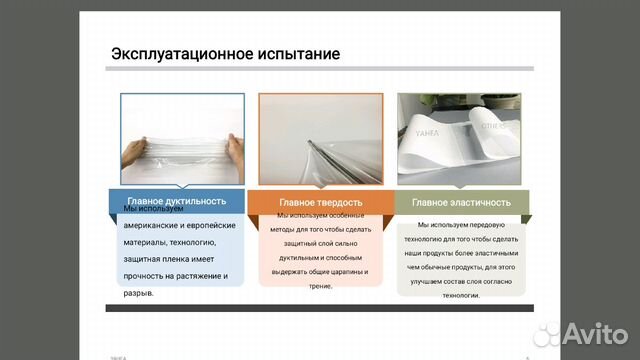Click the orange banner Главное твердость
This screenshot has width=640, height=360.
(320, 200)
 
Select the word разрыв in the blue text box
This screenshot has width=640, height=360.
(137, 294)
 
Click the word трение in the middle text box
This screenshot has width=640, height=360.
(320, 286)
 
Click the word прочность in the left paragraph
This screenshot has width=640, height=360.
(148, 276)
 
